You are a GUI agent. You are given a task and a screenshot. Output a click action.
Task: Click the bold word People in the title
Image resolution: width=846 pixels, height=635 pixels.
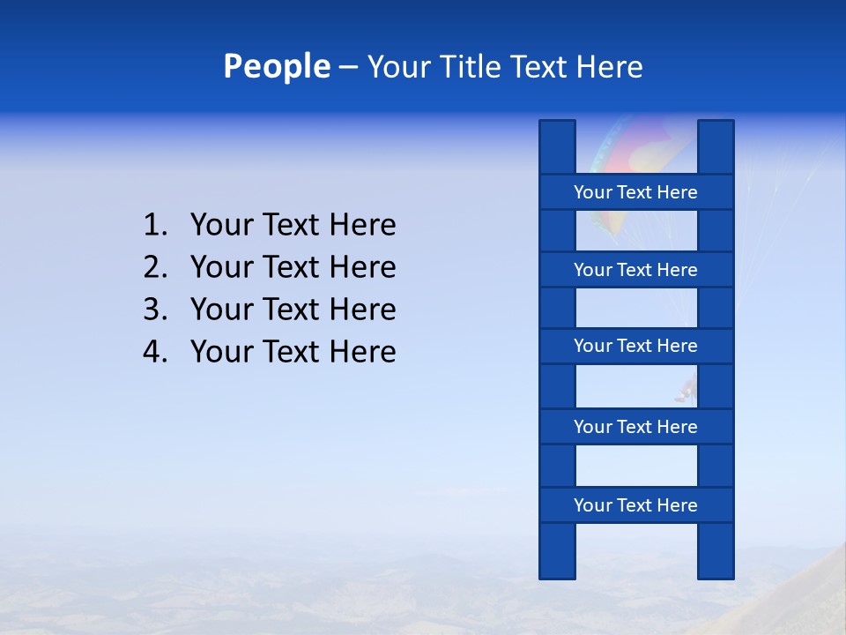pos(276,67)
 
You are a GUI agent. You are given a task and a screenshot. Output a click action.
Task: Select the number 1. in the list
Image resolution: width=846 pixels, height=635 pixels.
pos(155,225)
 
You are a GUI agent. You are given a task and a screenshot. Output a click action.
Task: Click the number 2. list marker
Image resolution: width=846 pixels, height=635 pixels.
pos(155,267)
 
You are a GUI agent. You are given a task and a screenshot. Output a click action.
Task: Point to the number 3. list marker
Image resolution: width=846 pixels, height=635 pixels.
pos(155,310)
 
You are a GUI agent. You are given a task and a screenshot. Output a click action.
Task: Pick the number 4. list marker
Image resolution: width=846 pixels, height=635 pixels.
pos(155,352)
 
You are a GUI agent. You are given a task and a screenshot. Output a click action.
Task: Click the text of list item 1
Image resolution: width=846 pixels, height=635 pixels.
pos(293,225)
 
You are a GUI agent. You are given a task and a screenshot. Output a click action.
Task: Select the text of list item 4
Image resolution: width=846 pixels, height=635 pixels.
pos(293,352)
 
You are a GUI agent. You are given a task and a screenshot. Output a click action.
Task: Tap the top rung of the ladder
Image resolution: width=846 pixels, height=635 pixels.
pos(635,192)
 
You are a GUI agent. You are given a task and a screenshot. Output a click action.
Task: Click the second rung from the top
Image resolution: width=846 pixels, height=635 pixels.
pos(635,270)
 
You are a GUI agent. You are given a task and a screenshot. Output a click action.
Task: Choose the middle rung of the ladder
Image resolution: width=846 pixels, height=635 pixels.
pos(635,346)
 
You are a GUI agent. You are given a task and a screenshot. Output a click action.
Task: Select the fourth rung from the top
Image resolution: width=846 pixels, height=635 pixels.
pos(635,427)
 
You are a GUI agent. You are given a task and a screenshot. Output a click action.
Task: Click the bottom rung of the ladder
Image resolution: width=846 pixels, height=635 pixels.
pos(635,505)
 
